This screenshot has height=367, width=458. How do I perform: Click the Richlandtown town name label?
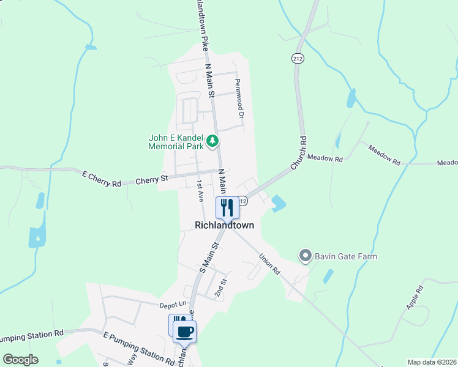tap(224, 225)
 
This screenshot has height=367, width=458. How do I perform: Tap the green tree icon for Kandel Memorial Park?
tap(212, 142)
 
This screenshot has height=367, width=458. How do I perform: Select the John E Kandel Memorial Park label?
tap(175, 142)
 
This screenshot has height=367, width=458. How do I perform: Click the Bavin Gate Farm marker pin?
tap(304, 255)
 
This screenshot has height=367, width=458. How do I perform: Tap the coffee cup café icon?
tap(184, 332)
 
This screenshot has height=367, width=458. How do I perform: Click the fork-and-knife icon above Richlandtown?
tap(228, 207)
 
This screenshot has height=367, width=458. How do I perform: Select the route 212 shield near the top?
tap(298, 58)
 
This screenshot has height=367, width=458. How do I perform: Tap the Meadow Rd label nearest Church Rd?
tap(325, 158)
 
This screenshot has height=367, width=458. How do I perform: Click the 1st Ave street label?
tap(200, 191)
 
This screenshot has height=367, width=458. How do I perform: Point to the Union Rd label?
tap(269, 264)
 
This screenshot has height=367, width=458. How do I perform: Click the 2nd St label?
tap(220, 287)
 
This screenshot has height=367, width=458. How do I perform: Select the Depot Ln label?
tap(172, 304)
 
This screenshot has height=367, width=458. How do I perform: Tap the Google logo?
tap(20, 360)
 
